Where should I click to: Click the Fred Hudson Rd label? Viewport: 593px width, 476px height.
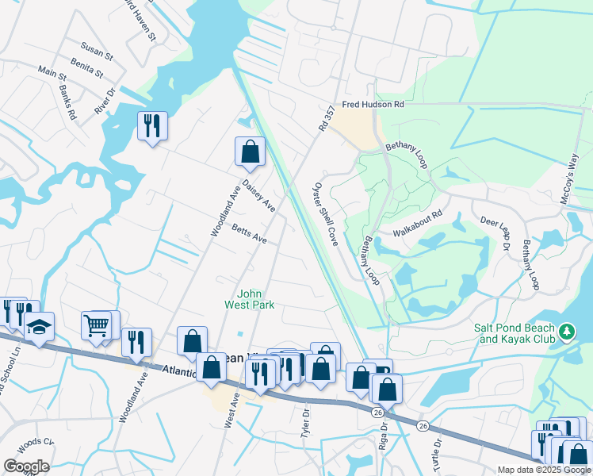pyautogui.click(x=373, y=105)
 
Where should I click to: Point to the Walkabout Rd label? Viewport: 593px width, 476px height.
pyautogui.click(x=417, y=232)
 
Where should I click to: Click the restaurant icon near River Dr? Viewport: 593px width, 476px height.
pyautogui.click(x=151, y=125)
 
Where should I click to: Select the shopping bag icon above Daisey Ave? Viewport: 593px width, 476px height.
pyautogui.click(x=250, y=151)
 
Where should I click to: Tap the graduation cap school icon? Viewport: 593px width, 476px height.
pyautogui.click(x=38, y=326)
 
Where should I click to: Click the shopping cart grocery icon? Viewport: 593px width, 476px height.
pyautogui.click(x=96, y=324)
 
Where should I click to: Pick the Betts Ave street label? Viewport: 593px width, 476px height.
pyautogui.click(x=250, y=235)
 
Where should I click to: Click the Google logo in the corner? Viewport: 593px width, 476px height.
pyautogui.click(x=25, y=466)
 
